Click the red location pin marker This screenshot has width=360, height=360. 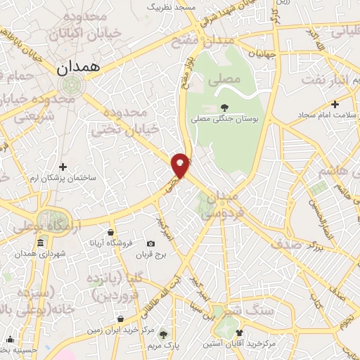pyautogui.click(x=181, y=165)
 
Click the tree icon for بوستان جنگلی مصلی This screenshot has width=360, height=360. pyautogui.click(x=224, y=108)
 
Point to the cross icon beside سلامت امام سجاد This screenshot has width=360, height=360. pyautogui.click(x=335, y=104)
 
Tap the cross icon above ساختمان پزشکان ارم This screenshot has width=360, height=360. pyautogui.click(x=63, y=167)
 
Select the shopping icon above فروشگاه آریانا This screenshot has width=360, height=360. pyautogui.click(x=111, y=232)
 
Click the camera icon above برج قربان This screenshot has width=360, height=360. pyautogui.click(x=150, y=243)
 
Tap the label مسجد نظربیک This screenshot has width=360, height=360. pyautogui.click(x=171, y=6)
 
